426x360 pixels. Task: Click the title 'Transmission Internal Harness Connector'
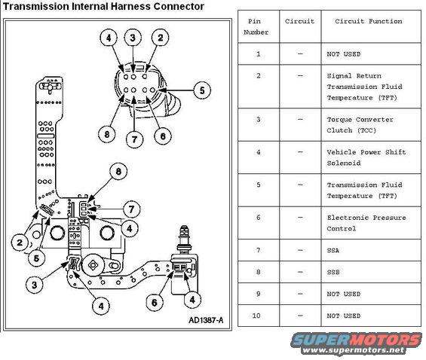coord(104,7)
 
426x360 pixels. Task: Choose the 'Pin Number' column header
coord(256,27)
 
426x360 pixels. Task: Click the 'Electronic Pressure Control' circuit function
coord(366,223)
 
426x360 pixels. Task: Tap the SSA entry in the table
coord(333,250)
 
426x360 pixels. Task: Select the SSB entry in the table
coord(333,272)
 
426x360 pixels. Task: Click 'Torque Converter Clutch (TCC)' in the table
coord(360,125)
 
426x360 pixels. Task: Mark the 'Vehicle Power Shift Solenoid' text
coord(366,157)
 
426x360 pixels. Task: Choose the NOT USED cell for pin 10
coord(343,316)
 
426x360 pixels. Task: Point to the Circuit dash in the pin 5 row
coord(300,185)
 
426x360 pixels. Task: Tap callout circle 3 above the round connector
coord(133,37)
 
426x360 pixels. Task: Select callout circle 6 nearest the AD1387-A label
coord(154,302)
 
